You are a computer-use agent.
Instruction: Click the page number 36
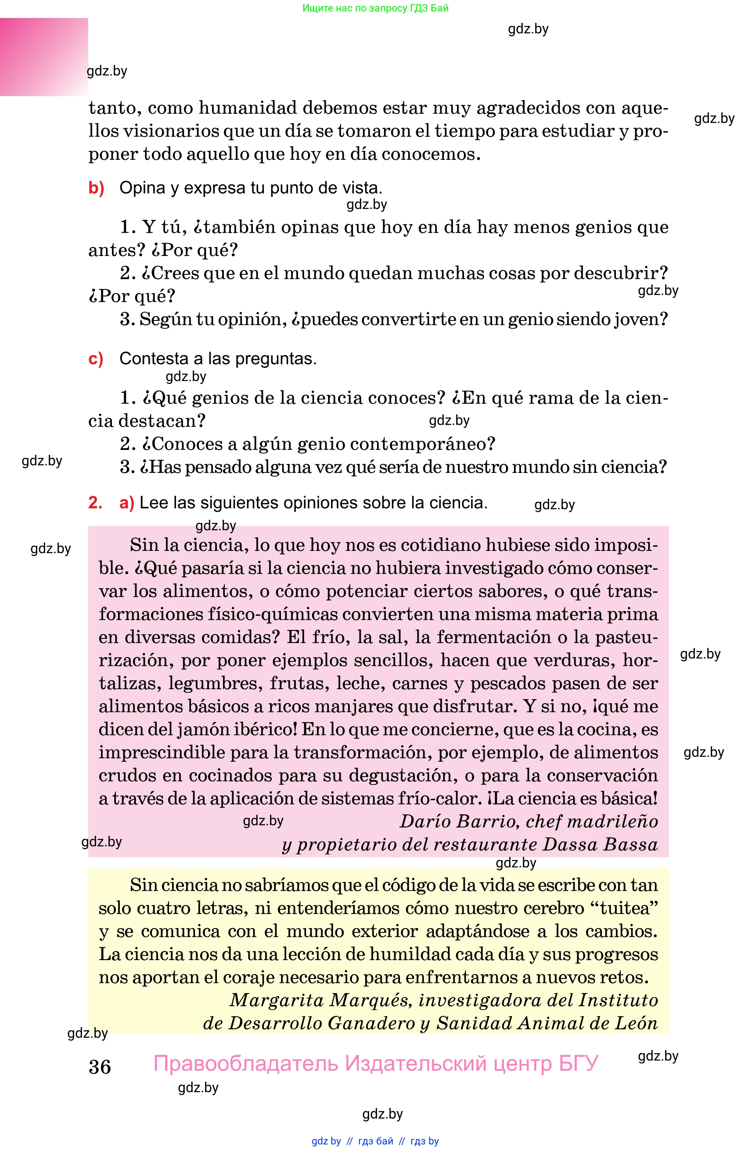click(100, 1066)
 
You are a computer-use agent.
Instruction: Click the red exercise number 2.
click(95, 503)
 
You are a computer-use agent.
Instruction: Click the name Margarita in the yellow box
click(276, 1000)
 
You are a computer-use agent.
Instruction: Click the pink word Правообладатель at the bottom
click(246, 1064)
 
